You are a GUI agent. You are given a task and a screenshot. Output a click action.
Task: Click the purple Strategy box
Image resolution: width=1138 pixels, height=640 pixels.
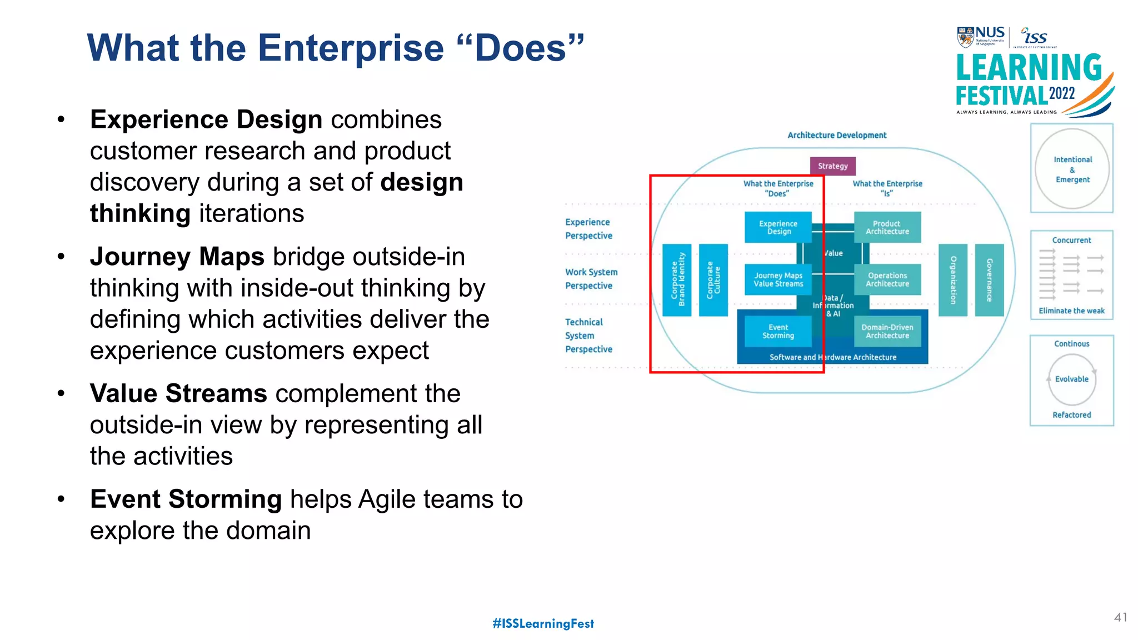832,166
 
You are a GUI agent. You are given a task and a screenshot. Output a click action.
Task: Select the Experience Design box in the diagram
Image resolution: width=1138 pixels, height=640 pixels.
778,227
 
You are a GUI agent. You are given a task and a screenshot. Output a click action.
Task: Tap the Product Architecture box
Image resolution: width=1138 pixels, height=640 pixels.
887,227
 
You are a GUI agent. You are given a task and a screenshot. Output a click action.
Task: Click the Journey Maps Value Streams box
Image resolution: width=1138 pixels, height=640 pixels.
778,279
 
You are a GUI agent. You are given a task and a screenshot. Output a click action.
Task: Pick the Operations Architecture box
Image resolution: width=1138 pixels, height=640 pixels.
887,279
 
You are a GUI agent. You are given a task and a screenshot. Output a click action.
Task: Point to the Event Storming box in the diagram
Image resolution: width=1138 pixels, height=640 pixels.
778,331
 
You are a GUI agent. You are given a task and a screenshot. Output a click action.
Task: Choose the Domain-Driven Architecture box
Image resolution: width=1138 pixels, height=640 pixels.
887,331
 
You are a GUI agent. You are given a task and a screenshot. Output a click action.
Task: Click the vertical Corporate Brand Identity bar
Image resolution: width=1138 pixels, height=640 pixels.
677,279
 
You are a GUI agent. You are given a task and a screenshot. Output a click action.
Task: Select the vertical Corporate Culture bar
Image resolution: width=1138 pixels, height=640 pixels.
713,279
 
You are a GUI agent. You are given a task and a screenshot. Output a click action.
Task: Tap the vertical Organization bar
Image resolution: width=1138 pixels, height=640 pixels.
953,279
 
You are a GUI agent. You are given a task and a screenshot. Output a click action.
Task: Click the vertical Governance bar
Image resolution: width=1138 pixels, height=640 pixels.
989,279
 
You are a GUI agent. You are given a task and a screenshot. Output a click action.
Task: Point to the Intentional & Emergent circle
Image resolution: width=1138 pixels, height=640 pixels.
1072,169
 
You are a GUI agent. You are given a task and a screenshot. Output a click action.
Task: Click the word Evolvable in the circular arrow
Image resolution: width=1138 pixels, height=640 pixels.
1071,379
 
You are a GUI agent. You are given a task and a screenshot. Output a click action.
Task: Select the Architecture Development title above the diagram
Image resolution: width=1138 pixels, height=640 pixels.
837,135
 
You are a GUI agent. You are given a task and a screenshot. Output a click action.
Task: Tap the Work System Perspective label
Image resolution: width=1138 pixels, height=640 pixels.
591,279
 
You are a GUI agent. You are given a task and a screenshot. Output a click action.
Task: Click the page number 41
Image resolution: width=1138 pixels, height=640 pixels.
1120,617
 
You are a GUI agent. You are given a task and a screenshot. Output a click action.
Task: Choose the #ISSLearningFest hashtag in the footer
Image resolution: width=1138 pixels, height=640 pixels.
543,623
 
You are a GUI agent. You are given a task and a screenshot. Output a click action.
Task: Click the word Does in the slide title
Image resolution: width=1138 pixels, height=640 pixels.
521,48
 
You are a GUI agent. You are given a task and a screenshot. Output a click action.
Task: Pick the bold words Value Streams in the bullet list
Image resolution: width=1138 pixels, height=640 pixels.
178,393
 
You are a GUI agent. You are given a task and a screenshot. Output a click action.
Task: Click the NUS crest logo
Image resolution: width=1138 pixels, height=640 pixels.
965,37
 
